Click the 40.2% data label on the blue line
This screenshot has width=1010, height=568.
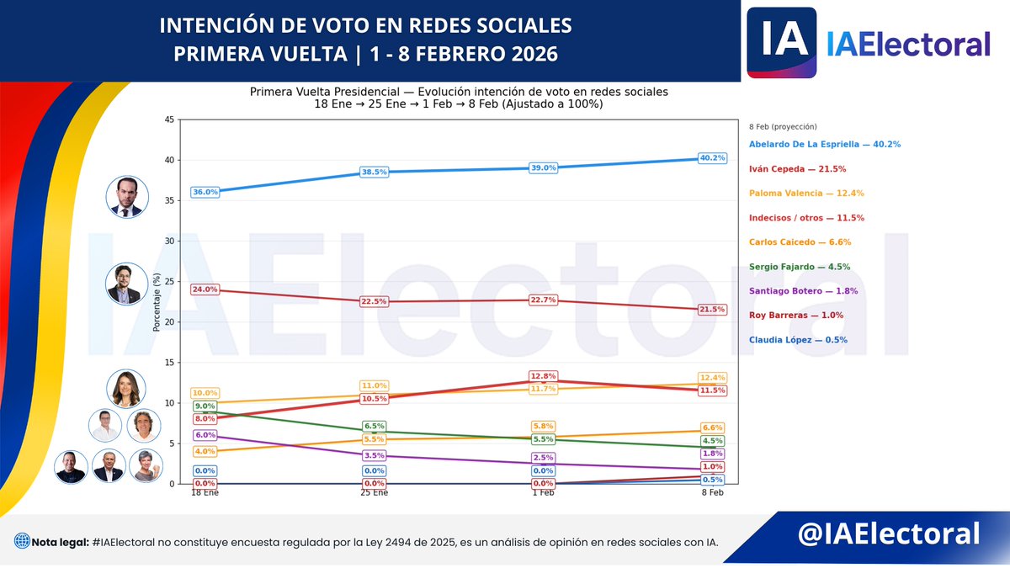coord(712,158)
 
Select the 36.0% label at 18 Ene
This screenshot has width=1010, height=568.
coord(205,192)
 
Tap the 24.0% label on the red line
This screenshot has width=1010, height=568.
coord(205,289)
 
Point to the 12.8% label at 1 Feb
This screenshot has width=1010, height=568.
coord(544,376)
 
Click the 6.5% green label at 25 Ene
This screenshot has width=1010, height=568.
coord(375,427)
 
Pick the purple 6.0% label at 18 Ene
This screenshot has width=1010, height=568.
coord(205,435)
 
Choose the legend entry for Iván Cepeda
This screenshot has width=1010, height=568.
coord(798,169)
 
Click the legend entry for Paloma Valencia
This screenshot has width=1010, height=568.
coord(806,194)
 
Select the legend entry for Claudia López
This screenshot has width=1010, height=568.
coord(798,340)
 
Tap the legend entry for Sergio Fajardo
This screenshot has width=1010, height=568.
coord(800,267)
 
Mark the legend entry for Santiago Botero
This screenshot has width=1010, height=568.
coord(803,291)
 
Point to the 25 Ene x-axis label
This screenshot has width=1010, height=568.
coord(375,493)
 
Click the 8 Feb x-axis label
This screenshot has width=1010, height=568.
coord(712,493)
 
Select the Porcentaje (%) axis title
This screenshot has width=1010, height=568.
coord(157,301)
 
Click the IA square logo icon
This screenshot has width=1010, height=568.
coord(782,42)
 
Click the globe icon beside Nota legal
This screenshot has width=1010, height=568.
coord(21,542)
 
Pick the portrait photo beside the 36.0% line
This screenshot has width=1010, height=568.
coord(126,196)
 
